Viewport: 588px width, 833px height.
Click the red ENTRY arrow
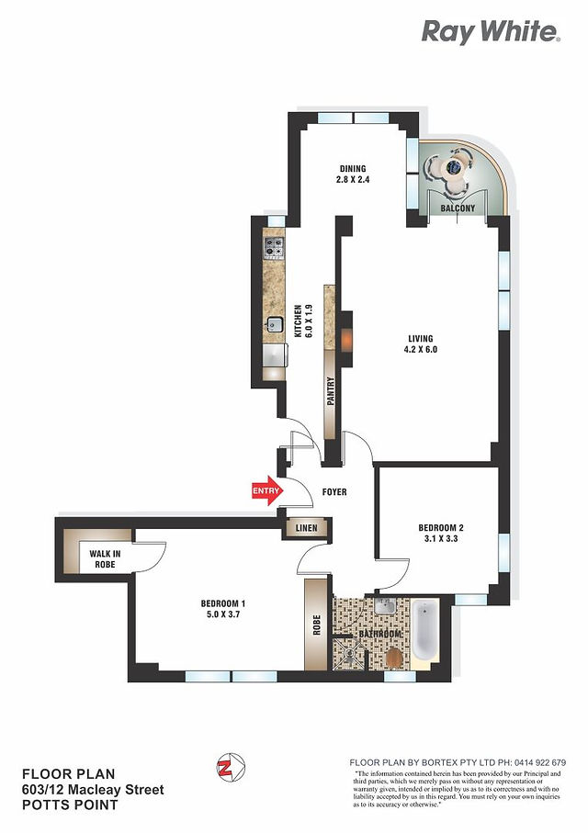(266, 490)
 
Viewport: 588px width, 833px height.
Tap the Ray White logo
(491, 32)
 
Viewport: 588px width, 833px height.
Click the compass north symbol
(231, 767)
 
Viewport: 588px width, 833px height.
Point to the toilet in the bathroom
(394, 659)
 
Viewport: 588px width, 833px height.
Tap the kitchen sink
(275, 323)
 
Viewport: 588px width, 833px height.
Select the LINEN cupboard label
(306, 528)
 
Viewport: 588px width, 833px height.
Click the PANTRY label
(331, 391)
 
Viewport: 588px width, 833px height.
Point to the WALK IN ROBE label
(105, 559)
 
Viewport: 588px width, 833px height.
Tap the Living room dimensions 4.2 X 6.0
(421, 350)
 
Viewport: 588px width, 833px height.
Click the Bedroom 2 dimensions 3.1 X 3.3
(441, 538)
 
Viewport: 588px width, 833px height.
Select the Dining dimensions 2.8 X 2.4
(353, 180)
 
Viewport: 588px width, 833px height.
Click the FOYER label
(334, 492)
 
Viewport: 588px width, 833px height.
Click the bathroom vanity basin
(384, 606)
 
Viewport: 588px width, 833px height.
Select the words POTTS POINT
(70, 805)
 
